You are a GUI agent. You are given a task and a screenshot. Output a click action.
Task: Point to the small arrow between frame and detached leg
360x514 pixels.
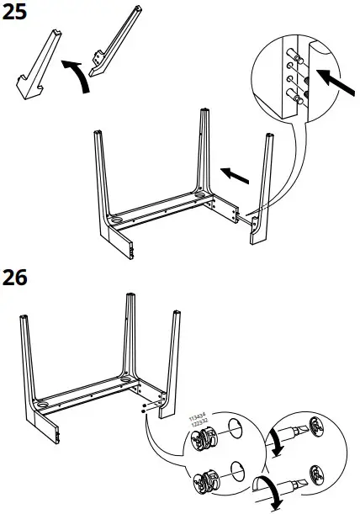(236, 174)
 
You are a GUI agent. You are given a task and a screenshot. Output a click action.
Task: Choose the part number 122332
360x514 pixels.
(199, 420)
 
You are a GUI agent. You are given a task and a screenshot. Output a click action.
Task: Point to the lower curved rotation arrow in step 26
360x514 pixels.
(269, 492)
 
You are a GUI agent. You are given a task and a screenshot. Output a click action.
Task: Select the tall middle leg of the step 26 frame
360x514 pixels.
(131, 336)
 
